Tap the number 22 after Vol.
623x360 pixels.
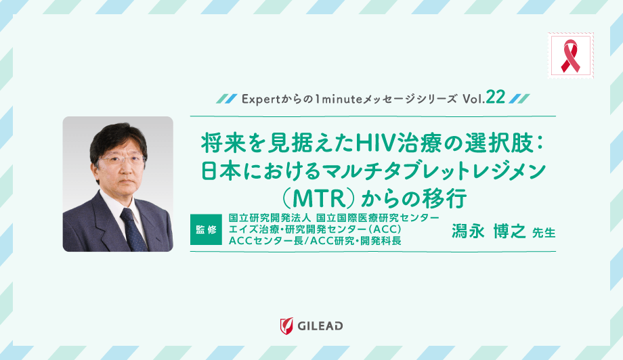[x=496, y=98]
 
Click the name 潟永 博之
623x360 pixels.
[x=488, y=231]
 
